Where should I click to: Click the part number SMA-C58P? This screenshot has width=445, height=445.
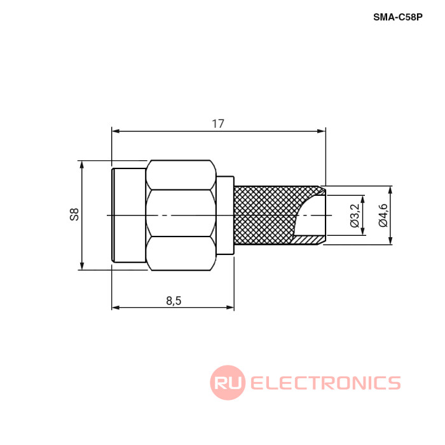click(397, 17)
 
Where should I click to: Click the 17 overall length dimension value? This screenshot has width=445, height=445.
click(218, 124)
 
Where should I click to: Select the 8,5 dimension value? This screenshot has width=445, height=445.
click(174, 301)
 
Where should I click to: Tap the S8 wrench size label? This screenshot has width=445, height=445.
click(74, 215)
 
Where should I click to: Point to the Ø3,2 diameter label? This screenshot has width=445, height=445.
click(355, 216)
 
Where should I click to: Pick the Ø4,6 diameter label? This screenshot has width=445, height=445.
click(383, 216)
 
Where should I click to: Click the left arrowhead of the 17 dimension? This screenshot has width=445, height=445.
click(116, 131)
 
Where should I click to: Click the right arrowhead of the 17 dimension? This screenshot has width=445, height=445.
click(322, 131)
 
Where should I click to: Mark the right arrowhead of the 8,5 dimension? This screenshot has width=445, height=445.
click(230, 307)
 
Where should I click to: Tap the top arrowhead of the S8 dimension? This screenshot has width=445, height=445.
click(82, 165)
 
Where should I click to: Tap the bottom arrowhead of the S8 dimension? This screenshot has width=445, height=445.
click(82, 266)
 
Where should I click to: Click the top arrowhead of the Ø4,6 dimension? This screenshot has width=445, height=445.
click(391, 190)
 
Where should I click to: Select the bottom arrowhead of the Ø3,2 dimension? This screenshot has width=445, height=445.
click(363, 231)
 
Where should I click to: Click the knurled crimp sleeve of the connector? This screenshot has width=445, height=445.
click(264, 215)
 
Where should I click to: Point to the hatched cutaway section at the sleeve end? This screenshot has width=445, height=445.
click(308, 240)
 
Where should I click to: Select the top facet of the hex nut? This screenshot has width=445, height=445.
click(181, 175)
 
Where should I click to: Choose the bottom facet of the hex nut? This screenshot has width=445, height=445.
click(181, 254)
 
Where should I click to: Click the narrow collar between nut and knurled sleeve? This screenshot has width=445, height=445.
click(225, 215)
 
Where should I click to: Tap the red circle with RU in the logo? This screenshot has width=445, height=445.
click(228, 382)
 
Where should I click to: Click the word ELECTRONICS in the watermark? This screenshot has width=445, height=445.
click(325, 383)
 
